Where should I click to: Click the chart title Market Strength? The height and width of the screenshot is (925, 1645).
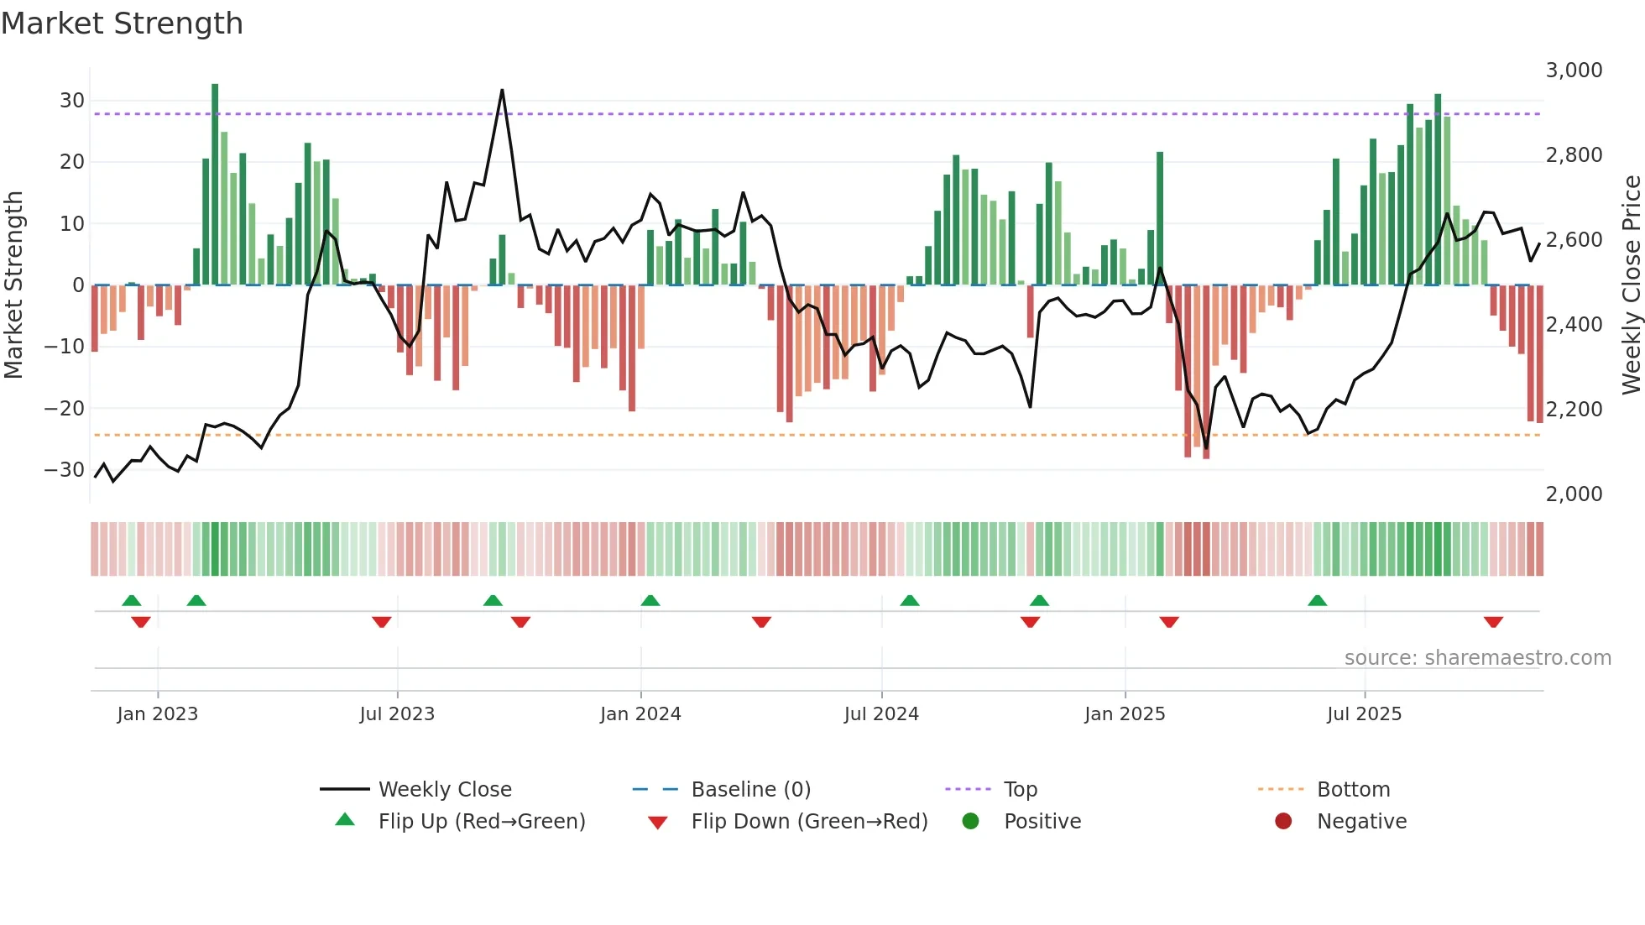click(x=122, y=24)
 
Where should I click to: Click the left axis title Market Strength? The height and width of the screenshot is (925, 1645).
click(x=13, y=285)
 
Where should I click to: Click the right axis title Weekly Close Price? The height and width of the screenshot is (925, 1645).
click(x=1631, y=285)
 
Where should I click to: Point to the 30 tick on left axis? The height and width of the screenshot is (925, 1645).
click(x=72, y=101)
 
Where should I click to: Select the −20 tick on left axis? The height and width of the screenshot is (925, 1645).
click(x=65, y=409)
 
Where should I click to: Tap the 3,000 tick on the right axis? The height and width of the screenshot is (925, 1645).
click(x=1574, y=71)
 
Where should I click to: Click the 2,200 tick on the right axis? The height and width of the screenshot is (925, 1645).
click(x=1574, y=410)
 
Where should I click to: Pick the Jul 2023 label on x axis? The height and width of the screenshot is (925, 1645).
click(x=397, y=714)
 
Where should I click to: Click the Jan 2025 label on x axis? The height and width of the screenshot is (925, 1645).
click(x=1125, y=714)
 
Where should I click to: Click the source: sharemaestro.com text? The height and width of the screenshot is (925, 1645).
click(x=1477, y=658)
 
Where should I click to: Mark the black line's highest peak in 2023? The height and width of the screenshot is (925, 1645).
click(x=502, y=91)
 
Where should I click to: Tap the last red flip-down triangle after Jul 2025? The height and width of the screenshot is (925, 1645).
click(x=1493, y=622)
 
